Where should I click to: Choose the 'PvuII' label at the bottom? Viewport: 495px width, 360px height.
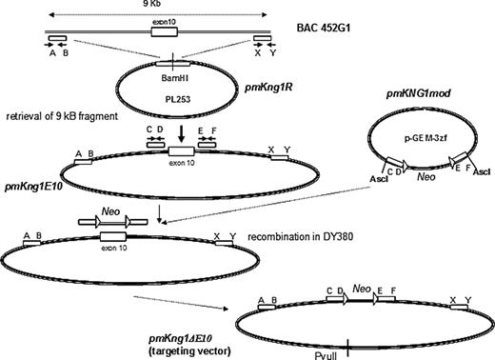[x=350, y=350]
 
